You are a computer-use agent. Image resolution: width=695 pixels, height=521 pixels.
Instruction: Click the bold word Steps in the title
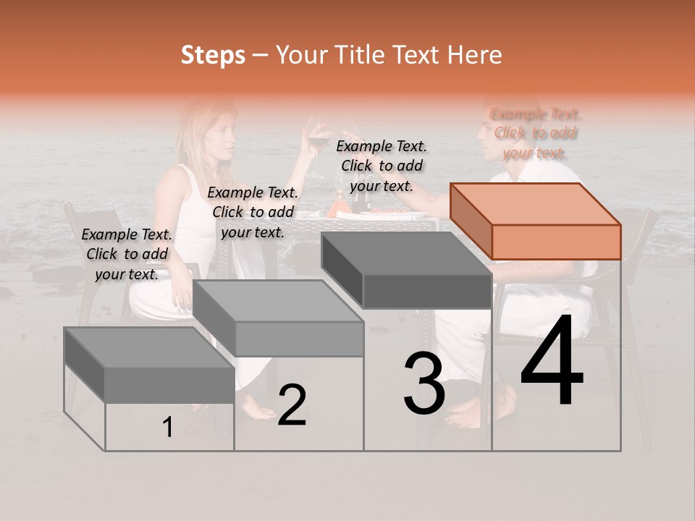(213, 55)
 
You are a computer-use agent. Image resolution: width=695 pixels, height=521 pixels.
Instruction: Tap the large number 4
(552, 361)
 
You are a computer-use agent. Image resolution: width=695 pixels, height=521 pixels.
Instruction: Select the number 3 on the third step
(424, 384)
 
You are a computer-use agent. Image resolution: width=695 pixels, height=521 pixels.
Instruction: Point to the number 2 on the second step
(292, 405)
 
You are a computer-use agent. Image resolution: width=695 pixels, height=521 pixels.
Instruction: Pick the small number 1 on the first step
(167, 428)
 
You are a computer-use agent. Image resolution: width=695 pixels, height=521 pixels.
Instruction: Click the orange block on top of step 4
(536, 221)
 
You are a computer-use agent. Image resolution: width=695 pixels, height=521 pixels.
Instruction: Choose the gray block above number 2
(279, 318)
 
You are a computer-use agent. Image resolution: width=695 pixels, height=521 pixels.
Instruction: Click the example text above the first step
(127, 254)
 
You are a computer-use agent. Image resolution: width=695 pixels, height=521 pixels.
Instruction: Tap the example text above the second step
(253, 212)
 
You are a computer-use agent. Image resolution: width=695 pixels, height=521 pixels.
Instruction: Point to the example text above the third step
(382, 166)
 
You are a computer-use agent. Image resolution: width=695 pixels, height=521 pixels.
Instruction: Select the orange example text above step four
(535, 133)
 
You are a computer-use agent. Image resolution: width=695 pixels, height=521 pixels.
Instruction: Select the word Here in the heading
(476, 55)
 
